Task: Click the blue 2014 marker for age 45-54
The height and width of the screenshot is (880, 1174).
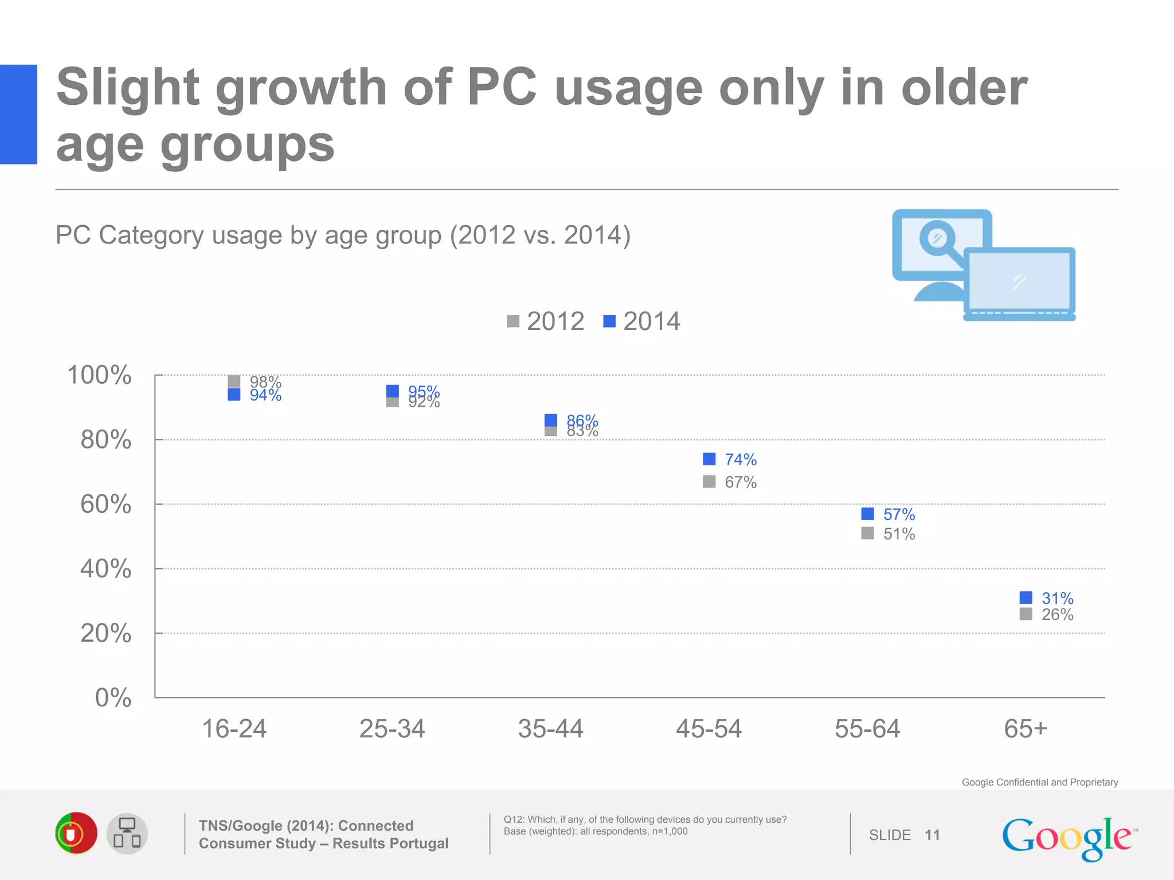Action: (x=709, y=459)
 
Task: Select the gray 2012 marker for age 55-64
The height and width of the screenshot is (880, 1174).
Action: (x=867, y=533)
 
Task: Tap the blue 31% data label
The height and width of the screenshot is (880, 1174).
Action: (x=1057, y=598)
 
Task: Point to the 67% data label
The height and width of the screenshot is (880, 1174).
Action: (x=741, y=482)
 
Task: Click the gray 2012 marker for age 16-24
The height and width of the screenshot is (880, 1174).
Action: (x=234, y=381)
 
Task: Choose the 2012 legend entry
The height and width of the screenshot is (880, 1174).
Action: (x=546, y=321)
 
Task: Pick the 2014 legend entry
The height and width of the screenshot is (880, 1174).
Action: (x=642, y=321)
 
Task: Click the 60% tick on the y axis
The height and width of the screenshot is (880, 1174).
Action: (x=106, y=504)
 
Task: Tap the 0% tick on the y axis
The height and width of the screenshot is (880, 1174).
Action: (x=113, y=698)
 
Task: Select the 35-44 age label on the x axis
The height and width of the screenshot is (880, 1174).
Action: (x=550, y=729)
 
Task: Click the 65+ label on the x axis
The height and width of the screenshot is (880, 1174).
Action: (x=1026, y=729)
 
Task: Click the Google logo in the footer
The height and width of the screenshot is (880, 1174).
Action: (x=1068, y=838)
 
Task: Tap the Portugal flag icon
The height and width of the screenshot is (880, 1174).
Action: (x=76, y=834)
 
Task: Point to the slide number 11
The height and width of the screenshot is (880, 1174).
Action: (x=932, y=835)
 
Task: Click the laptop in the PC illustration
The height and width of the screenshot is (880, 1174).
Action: (x=1019, y=282)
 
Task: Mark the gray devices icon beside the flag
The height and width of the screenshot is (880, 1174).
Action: (x=127, y=834)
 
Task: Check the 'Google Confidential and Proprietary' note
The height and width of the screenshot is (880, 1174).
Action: (x=1039, y=782)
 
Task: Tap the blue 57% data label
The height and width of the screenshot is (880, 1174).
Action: (x=899, y=514)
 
